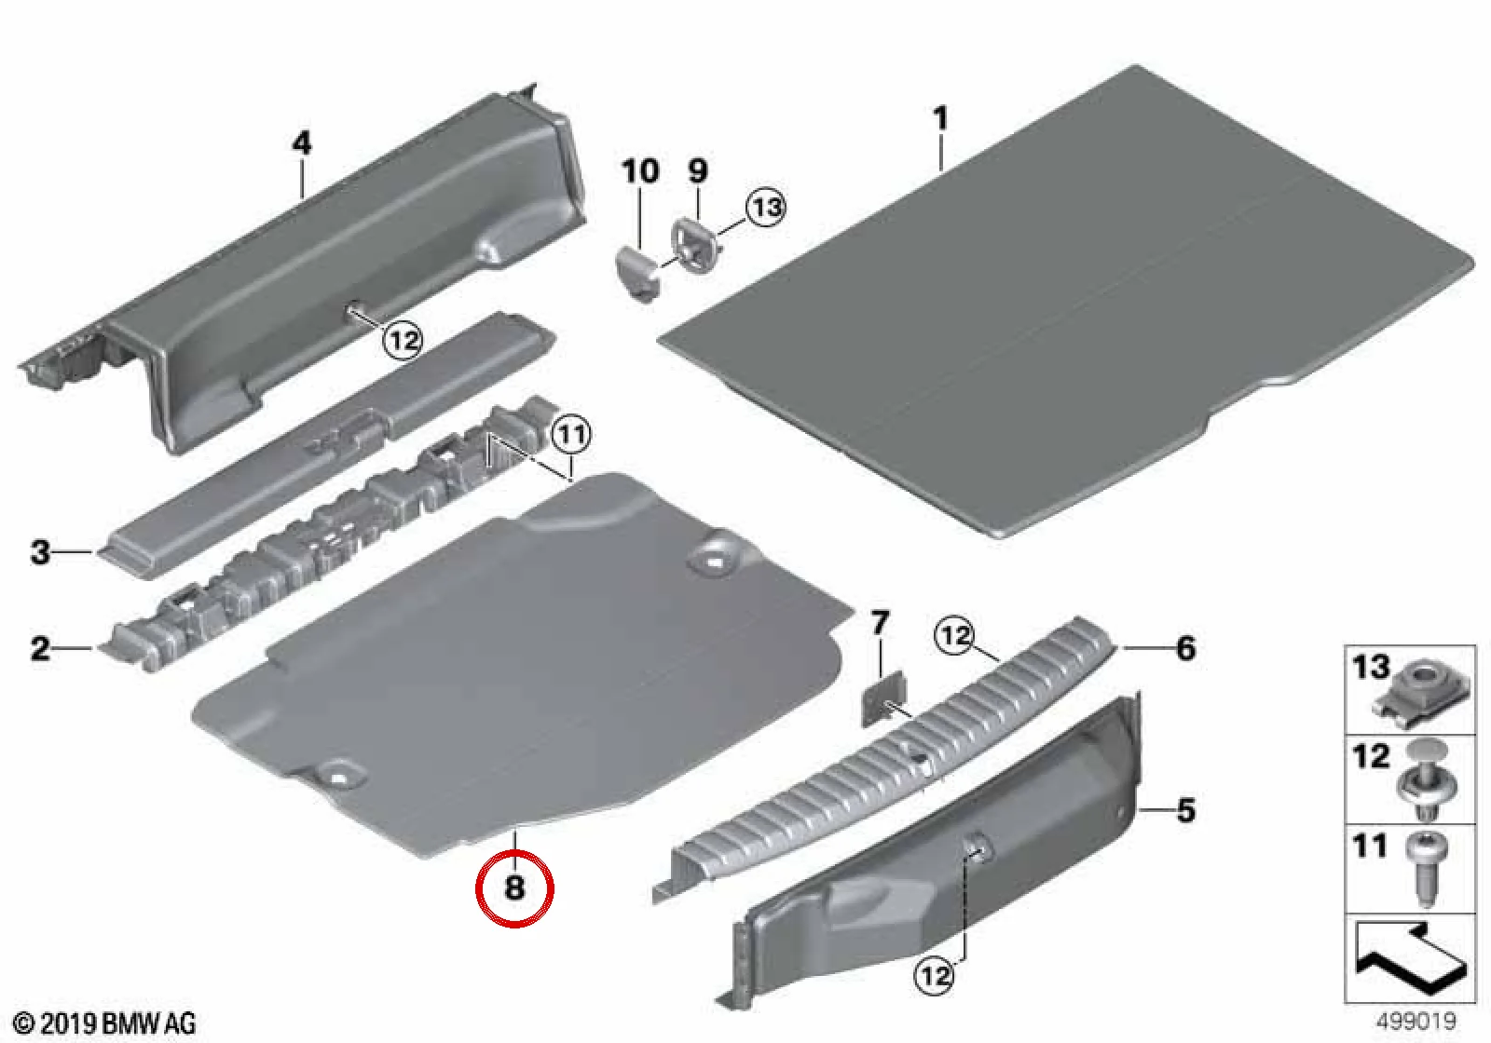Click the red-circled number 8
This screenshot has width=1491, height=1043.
coord(514,888)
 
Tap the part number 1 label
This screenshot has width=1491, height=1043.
coord(940,119)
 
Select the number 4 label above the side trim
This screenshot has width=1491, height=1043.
coord(302,143)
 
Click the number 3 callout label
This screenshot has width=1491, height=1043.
coord(41,552)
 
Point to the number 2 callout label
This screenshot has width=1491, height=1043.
coord(41,647)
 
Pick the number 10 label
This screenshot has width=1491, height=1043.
coord(640,171)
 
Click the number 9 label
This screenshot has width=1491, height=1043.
coord(697,171)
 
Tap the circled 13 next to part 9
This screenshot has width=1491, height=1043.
coord(765,207)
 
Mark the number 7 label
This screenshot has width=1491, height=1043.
coord(880,624)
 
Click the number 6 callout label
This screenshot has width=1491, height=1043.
coord(1185,648)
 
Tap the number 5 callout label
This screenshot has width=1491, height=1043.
coord(1185,810)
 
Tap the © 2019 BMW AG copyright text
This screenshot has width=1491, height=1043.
coord(105,1023)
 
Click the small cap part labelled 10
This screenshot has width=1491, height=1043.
coord(636,273)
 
